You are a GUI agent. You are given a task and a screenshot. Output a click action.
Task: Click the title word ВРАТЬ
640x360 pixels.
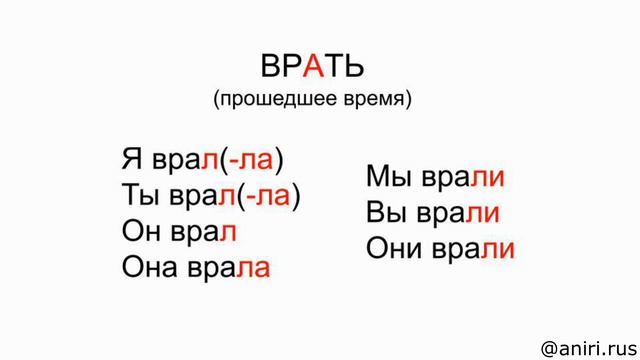313,65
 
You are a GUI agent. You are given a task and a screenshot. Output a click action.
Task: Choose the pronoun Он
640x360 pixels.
142,231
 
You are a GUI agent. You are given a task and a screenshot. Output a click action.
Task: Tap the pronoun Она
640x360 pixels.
153,267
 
